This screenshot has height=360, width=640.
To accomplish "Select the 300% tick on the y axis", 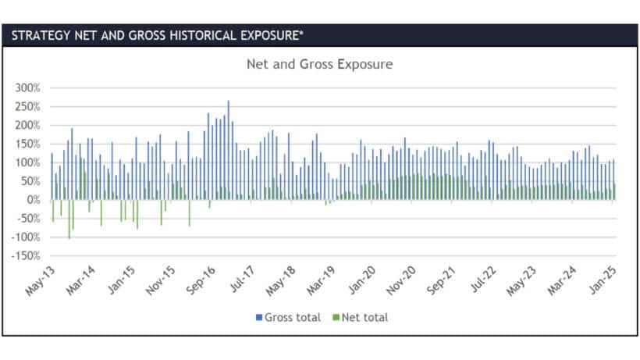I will pyautogui.click(x=27, y=87).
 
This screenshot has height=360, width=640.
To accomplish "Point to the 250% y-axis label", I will pyautogui.click(x=27, y=106).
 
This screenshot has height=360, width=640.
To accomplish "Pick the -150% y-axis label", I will pyautogui.click(x=25, y=256).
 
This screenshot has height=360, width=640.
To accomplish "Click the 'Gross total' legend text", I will pyautogui.click(x=293, y=317).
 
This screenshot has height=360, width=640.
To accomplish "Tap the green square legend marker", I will pyautogui.click(x=337, y=317).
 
